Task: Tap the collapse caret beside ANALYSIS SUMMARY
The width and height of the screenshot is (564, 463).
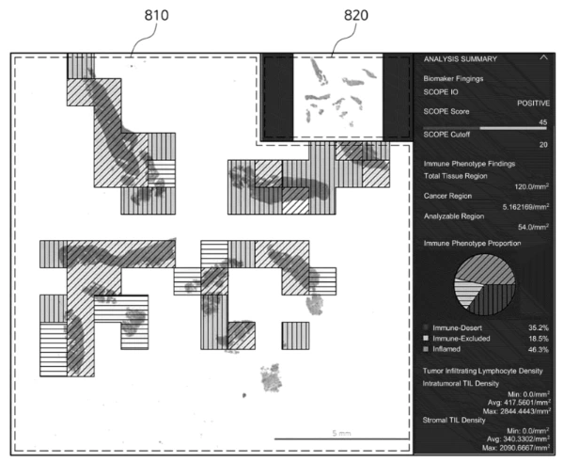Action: click(543, 58)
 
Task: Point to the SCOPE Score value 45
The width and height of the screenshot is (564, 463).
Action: click(543, 122)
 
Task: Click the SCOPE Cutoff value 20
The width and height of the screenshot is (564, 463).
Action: click(543, 144)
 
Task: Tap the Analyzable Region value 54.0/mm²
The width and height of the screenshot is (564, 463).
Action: click(532, 227)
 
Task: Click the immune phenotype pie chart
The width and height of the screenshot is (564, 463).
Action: click(486, 286)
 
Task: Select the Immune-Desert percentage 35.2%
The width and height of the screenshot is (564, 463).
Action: click(537, 325)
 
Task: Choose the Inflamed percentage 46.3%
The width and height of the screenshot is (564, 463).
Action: click(537, 348)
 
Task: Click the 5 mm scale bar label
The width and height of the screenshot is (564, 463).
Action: click(340, 434)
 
